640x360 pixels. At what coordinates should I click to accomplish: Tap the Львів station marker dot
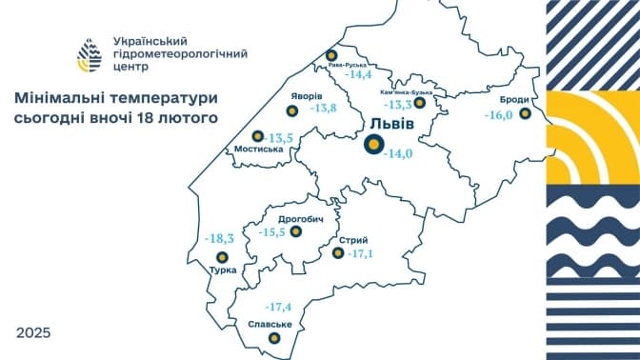375,144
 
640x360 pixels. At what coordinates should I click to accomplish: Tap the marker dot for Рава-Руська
331,55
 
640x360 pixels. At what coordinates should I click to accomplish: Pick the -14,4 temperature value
359,73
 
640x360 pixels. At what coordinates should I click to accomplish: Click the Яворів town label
306,97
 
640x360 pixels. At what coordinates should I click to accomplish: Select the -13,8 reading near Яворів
324,108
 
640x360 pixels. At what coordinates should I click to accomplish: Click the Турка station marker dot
223,257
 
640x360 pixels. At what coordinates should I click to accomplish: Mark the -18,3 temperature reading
219,238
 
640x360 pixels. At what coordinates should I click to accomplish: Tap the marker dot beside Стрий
337,253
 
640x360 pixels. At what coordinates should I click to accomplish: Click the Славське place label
269,325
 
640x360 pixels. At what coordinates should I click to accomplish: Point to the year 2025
33,333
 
